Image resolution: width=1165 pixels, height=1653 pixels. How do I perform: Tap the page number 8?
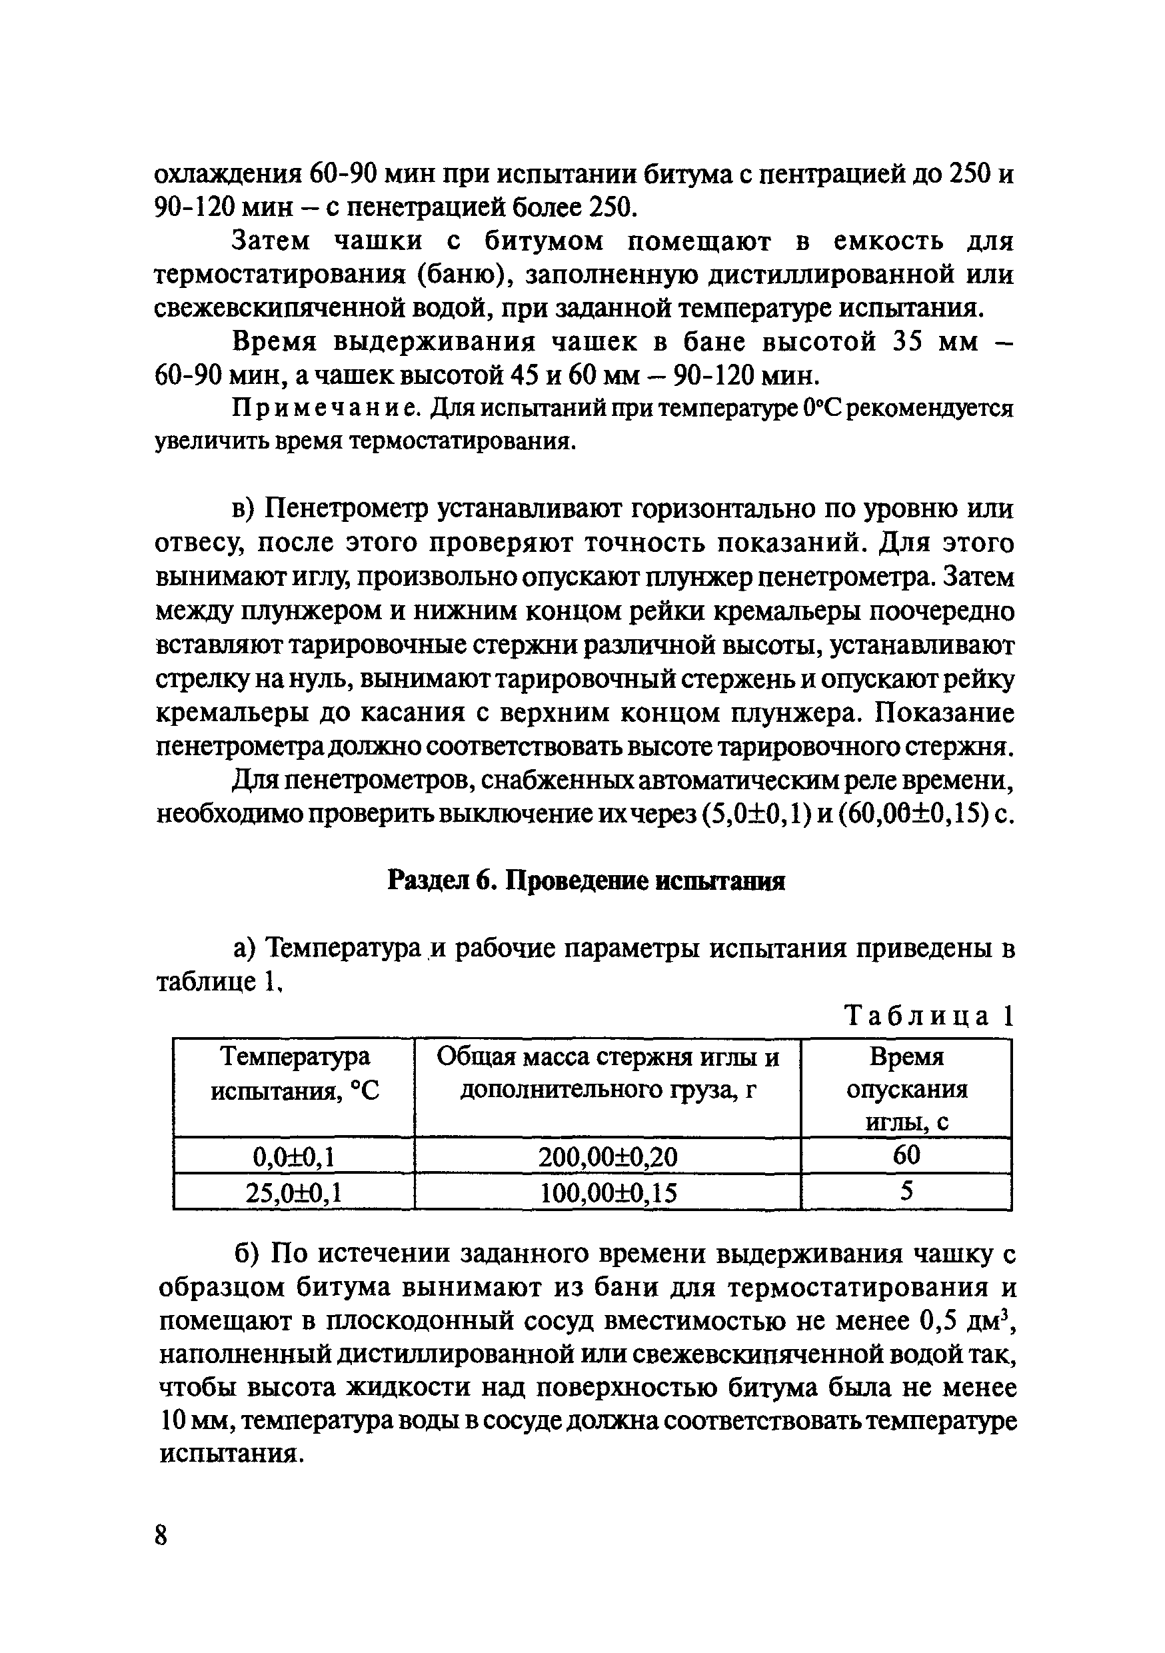(x=161, y=1536)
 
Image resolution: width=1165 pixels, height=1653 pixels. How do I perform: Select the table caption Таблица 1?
(x=929, y=1016)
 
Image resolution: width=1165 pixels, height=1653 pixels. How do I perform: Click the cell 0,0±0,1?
(x=294, y=1156)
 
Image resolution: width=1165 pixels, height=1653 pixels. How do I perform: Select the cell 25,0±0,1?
(x=294, y=1193)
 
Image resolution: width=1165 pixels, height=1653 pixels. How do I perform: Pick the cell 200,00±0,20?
(x=608, y=1156)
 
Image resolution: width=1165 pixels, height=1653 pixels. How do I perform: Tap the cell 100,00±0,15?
(x=608, y=1193)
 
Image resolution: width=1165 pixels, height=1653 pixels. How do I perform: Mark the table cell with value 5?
(x=906, y=1192)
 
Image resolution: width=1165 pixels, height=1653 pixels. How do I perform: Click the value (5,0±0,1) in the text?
(x=754, y=815)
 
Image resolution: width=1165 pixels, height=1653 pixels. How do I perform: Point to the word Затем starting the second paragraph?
(x=270, y=241)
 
